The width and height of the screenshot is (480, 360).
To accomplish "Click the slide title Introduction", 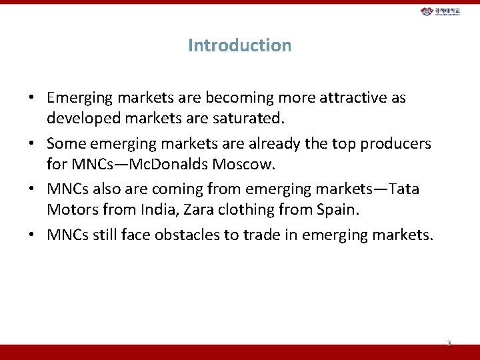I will tap(239, 45).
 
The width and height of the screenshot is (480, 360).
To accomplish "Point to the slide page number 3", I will tap(449, 343).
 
